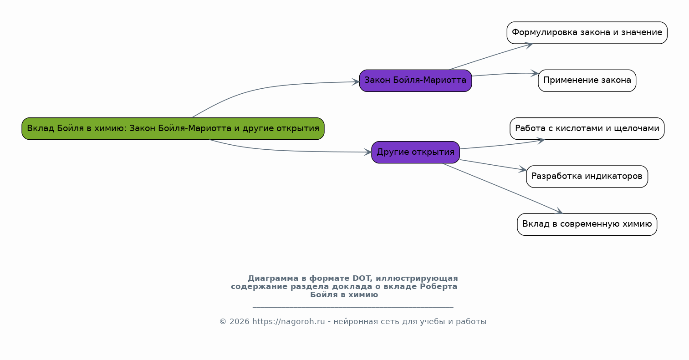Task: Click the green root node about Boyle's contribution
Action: (173, 128)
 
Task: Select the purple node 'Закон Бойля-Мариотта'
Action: (416, 81)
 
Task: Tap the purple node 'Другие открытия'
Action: (416, 152)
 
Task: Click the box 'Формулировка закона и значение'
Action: (587, 33)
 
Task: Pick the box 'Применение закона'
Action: (587, 81)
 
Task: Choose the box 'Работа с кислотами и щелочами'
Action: (587, 128)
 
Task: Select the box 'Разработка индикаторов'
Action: (587, 177)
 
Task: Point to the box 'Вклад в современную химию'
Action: (587, 224)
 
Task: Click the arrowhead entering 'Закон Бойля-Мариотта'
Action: (356, 82)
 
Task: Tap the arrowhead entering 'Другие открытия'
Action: (368, 152)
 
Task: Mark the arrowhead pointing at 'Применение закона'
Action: (535, 73)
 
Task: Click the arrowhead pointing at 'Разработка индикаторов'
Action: (523, 169)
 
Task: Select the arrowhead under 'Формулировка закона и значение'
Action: (528, 46)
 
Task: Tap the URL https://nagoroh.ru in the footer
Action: (289, 322)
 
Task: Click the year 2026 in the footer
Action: (239, 322)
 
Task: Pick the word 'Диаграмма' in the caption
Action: (273, 279)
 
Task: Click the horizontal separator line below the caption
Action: (353, 307)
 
